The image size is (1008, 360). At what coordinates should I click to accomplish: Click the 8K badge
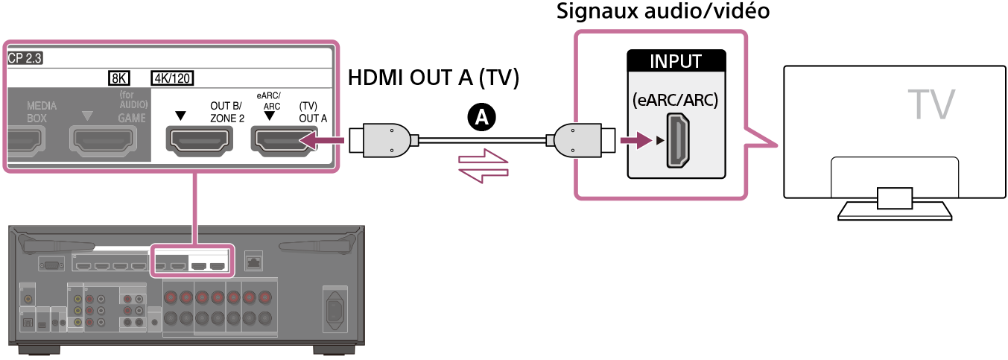pyautogui.click(x=118, y=78)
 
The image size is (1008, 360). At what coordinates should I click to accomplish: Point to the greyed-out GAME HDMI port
pyautogui.click(x=108, y=139)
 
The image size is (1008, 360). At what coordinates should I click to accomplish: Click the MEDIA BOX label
pyautogui.click(x=42, y=112)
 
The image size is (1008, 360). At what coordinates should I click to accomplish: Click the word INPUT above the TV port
pyautogui.click(x=676, y=60)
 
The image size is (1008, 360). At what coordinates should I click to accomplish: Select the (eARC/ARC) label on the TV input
pyautogui.click(x=676, y=100)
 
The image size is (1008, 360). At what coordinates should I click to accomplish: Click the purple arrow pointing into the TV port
pyautogui.click(x=634, y=140)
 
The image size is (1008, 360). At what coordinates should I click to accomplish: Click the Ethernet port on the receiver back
pyautogui.click(x=253, y=262)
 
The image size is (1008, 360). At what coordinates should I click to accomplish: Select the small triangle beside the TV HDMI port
pyautogui.click(x=658, y=140)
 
